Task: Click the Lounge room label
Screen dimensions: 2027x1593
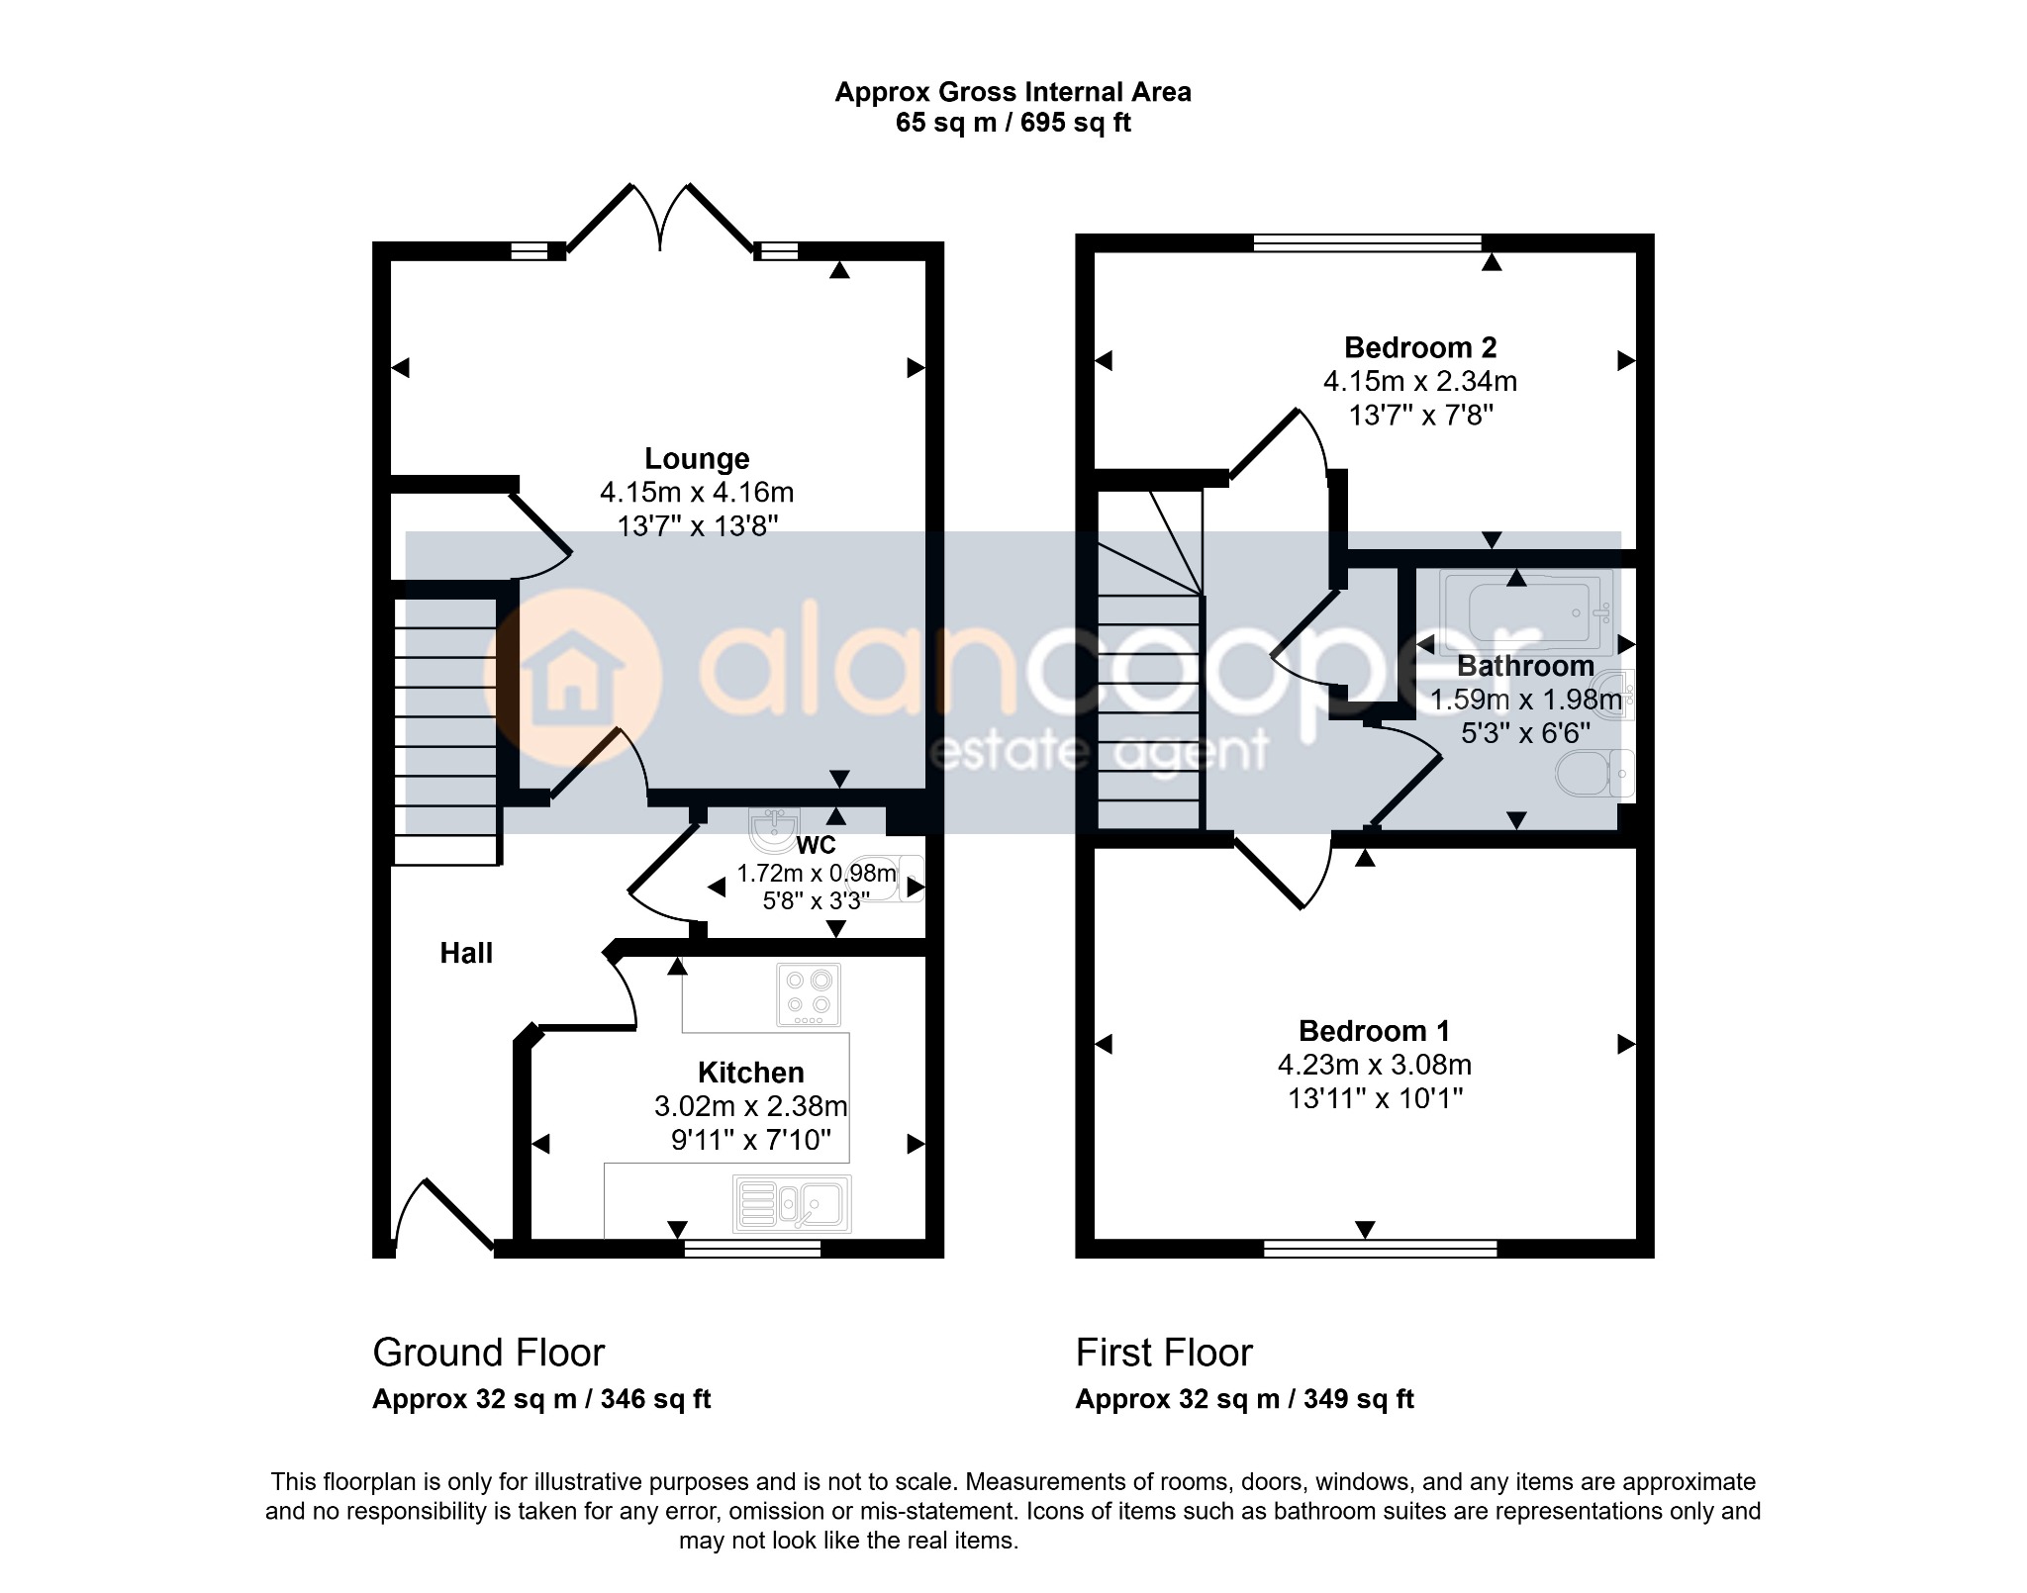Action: pos(697,459)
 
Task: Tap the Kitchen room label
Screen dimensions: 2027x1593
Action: pos(750,1073)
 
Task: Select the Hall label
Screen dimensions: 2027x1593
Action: pos(466,953)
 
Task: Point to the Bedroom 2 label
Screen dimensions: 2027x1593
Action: pos(1420,347)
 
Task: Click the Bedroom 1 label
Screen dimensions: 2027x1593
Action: pos(1374,1031)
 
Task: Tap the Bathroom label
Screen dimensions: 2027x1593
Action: pos(1525,666)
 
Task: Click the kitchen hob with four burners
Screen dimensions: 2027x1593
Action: pos(809,994)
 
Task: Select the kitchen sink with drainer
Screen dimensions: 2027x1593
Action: pos(792,1203)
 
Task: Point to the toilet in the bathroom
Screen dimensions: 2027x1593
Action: pos(1594,773)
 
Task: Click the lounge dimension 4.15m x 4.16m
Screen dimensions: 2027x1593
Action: pos(697,492)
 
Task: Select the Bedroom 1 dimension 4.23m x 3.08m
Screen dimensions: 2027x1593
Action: pos(1375,1065)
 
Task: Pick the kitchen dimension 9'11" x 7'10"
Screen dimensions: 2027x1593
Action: pos(751,1140)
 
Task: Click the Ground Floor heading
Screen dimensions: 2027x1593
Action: pos(488,1353)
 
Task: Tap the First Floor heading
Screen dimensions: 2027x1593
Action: pos(1164,1353)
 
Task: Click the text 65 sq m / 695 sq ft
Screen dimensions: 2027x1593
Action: pos(1013,123)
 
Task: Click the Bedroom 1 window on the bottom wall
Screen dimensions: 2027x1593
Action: pos(1380,1249)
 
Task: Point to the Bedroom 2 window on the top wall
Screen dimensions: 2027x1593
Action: pos(1367,242)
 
